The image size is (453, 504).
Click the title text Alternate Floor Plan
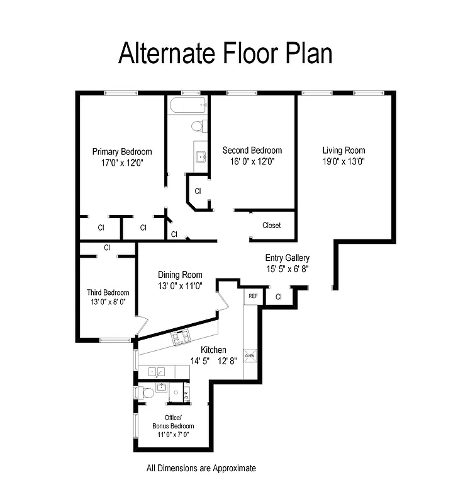click(x=225, y=53)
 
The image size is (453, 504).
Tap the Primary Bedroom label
click(x=122, y=152)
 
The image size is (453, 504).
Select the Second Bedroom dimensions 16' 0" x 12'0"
click(x=252, y=161)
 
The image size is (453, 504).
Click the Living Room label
click(x=344, y=151)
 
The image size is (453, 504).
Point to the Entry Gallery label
click(x=288, y=258)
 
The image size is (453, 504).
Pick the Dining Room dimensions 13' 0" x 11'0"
click(x=180, y=285)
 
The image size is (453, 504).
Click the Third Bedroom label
click(x=108, y=292)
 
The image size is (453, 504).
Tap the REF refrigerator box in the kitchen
click(x=253, y=295)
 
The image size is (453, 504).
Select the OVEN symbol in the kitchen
click(x=250, y=356)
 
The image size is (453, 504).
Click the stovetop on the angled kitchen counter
click(x=181, y=339)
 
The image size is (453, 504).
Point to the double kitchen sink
click(x=157, y=372)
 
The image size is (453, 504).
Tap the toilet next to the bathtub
click(x=197, y=127)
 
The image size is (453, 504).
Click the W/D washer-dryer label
click(x=186, y=394)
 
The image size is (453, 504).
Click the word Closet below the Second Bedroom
click(x=271, y=226)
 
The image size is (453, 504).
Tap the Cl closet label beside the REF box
click(x=278, y=296)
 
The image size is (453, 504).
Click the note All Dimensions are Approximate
click(x=201, y=468)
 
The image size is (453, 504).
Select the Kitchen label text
click(x=213, y=350)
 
